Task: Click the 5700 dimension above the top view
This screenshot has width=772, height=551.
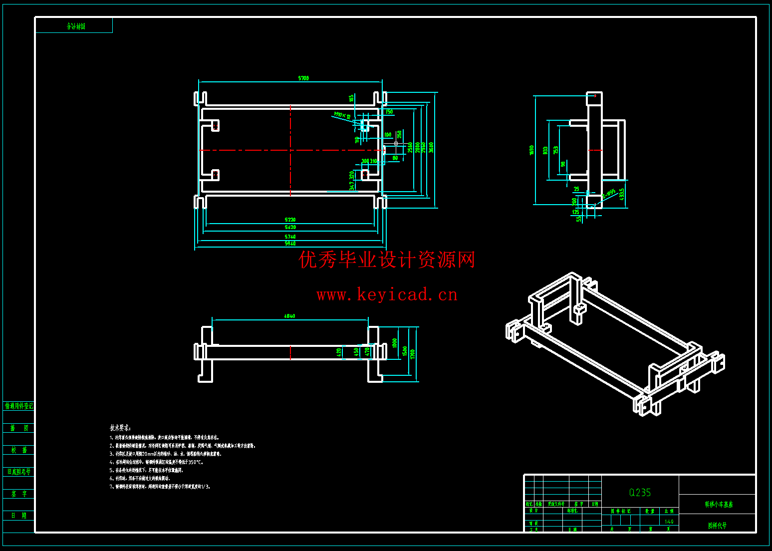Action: (x=303, y=78)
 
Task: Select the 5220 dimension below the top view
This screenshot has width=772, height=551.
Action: (x=290, y=220)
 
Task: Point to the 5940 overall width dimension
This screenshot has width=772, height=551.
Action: (x=290, y=244)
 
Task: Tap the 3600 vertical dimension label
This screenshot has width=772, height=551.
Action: (x=431, y=147)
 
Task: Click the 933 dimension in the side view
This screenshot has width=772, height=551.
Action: (x=545, y=150)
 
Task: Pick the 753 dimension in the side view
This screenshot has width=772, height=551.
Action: (x=556, y=150)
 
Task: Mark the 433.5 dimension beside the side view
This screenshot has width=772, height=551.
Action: (x=622, y=194)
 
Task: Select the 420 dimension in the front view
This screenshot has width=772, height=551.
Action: (x=339, y=352)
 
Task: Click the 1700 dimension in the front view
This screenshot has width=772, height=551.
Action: (x=413, y=354)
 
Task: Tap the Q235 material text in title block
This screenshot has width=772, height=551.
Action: (x=640, y=493)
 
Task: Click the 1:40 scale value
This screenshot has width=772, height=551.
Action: (x=669, y=522)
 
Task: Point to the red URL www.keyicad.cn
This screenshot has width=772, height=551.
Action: (x=387, y=294)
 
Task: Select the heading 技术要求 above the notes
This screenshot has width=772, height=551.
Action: (x=120, y=428)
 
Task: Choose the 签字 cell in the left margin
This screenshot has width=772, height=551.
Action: (x=19, y=494)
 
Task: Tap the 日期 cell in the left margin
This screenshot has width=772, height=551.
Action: (x=19, y=515)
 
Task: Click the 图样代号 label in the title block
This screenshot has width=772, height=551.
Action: (x=717, y=526)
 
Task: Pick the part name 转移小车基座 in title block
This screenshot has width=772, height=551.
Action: (x=719, y=505)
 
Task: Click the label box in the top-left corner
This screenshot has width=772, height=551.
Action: (x=74, y=26)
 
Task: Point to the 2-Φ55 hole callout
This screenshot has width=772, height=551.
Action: (x=609, y=194)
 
